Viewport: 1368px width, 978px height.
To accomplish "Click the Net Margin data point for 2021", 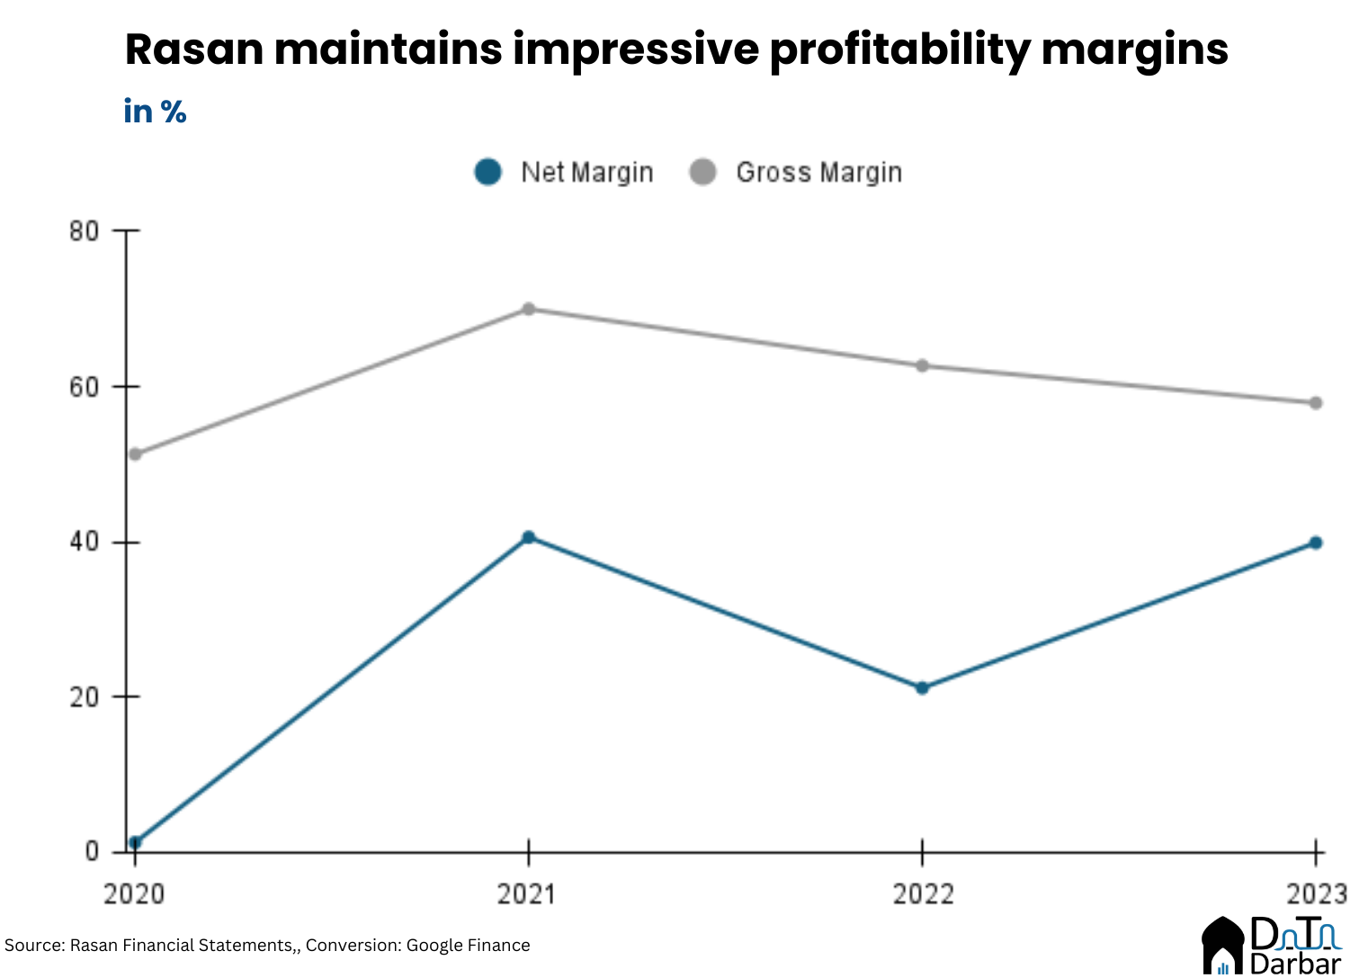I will (529, 537).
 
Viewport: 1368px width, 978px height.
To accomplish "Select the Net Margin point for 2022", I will (922, 687).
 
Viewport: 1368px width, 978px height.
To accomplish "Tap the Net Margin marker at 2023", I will (1315, 543).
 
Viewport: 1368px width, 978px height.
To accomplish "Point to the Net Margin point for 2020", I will (135, 842).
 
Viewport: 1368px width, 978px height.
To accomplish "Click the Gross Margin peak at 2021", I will (529, 309).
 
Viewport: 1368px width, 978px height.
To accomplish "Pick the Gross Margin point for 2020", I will (135, 453).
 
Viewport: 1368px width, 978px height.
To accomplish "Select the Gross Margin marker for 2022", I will (922, 365).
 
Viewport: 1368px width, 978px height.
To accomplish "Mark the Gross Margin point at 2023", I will (1315, 402).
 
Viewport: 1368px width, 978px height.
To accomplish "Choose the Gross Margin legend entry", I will (796, 172).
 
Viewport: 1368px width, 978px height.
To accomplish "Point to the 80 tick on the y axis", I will (84, 231).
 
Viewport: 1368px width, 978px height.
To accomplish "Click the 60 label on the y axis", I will (84, 387).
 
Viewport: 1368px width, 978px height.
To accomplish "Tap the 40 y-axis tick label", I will (84, 543).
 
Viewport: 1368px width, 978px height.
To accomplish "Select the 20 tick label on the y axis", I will (84, 697).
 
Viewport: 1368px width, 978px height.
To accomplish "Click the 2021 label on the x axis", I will (527, 893).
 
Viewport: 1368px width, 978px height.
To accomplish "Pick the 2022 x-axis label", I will (923, 893).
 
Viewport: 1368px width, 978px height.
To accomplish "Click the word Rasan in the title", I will (192, 49).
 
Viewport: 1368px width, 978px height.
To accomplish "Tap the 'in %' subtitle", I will (155, 112).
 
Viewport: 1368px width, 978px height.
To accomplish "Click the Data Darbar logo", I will (1271, 946).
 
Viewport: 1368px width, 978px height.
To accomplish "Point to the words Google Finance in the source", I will (468, 946).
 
